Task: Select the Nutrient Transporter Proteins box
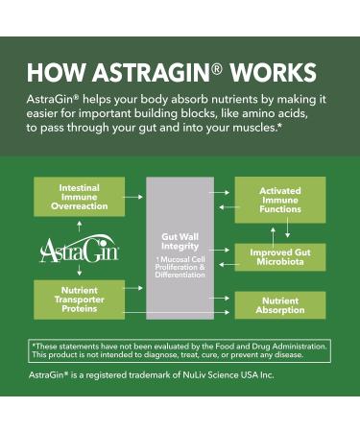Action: pos(79,300)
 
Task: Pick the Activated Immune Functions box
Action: pos(279,199)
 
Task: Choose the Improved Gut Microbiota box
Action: pos(279,256)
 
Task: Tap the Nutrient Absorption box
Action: pos(279,305)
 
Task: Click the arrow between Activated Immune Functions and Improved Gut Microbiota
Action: pos(279,228)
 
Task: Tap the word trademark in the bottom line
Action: pos(150,373)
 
